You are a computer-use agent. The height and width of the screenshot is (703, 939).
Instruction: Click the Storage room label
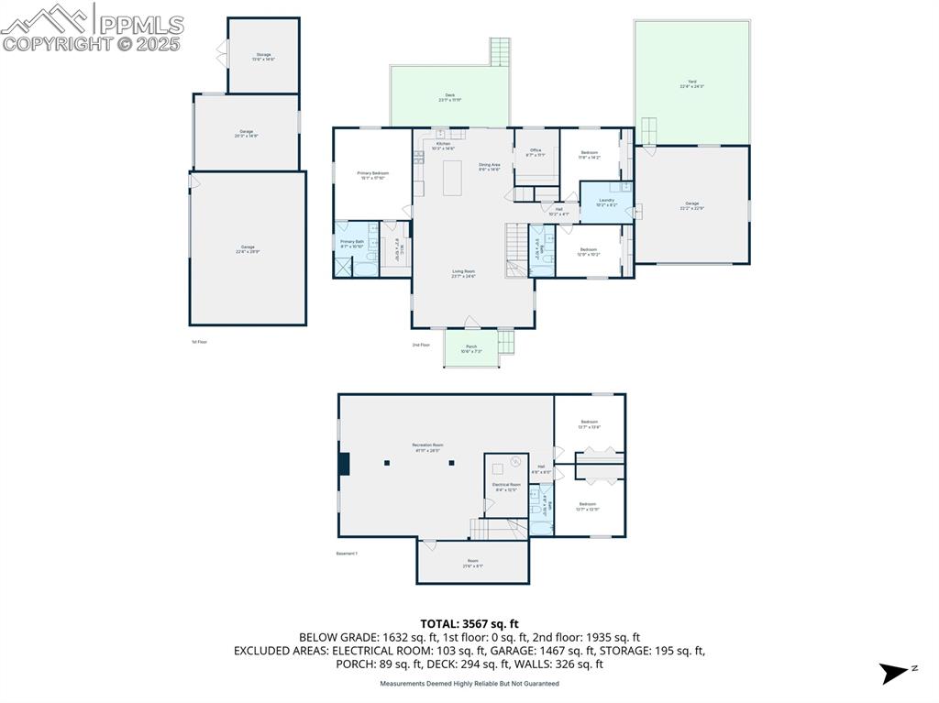click(x=263, y=57)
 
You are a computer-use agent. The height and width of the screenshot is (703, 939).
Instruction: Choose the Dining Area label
click(x=489, y=167)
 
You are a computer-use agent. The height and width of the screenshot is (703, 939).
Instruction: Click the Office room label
click(x=536, y=152)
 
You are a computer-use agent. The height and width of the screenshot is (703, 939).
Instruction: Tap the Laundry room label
click(x=606, y=202)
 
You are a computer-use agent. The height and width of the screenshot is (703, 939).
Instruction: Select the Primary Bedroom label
click(x=372, y=175)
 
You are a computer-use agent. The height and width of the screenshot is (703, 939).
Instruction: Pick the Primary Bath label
click(x=352, y=244)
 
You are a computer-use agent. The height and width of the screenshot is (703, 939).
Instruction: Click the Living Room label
click(x=463, y=273)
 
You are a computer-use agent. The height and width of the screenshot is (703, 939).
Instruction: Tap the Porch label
click(x=471, y=348)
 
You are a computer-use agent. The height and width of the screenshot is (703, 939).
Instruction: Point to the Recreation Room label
click(x=427, y=448)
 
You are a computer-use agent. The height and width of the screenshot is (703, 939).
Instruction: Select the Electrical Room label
click(x=506, y=487)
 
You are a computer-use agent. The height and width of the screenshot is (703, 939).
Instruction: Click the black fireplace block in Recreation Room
click(x=344, y=464)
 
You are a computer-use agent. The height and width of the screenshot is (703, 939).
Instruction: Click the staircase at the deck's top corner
click(x=500, y=51)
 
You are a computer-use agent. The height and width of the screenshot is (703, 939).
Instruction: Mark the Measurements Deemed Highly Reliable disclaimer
click(x=469, y=684)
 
